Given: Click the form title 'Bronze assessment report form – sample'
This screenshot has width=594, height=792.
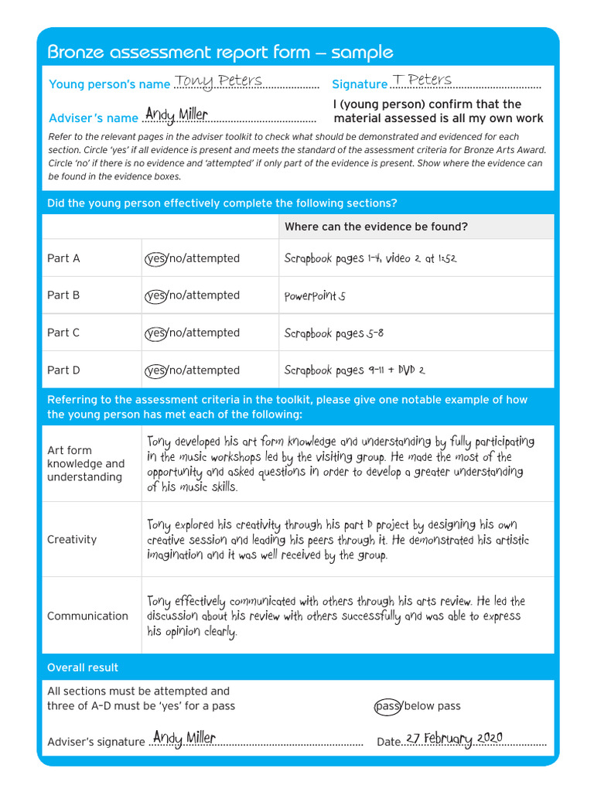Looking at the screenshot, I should pyautogui.click(x=220, y=53).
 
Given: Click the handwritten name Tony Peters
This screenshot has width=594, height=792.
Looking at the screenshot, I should pyautogui.click(x=218, y=81).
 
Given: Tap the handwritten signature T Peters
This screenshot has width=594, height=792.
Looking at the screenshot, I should pyautogui.click(x=422, y=80).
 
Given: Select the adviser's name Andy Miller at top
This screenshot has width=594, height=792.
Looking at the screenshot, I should pyautogui.click(x=176, y=115).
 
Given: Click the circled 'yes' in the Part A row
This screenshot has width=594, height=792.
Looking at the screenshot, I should pyautogui.click(x=155, y=258).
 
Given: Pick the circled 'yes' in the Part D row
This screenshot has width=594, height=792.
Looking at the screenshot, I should pyautogui.click(x=155, y=370).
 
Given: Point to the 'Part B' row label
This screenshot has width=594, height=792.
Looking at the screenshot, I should pyautogui.click(x=63, y=295).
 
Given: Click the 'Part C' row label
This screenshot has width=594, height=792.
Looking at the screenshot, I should pyautogui.click(x=63, y=333).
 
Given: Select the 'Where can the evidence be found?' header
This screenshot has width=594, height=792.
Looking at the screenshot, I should pyautogui.click(x=376, y=227).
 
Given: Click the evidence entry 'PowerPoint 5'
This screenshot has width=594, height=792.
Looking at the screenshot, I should pyautogui.click(x=315, y=296).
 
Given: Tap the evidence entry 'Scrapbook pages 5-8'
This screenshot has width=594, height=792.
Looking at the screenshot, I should pyautogui.click(x=333, y=333).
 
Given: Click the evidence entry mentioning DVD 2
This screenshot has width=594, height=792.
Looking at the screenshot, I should pyautogui.click(x=354, y=370).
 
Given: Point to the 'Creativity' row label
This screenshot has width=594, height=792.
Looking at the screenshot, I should pyautogui.click(x=72, y=539).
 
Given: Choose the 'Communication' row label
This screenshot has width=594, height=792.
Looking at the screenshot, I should pyautogui.click(x=87, y=616).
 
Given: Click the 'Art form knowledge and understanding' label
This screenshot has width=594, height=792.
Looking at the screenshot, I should pyautogui.click(x=85, y=463).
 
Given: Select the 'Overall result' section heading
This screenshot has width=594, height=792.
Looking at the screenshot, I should pyautogui.click(x=83, y=667).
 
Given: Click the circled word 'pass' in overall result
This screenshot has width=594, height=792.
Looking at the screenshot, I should pyautogui.click(x=387, y=706).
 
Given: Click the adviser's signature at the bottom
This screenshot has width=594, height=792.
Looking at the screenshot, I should pyautogui.click(x=184, y=738).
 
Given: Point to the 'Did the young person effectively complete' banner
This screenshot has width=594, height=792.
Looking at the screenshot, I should pyautogui.click(x=222, y=203).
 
